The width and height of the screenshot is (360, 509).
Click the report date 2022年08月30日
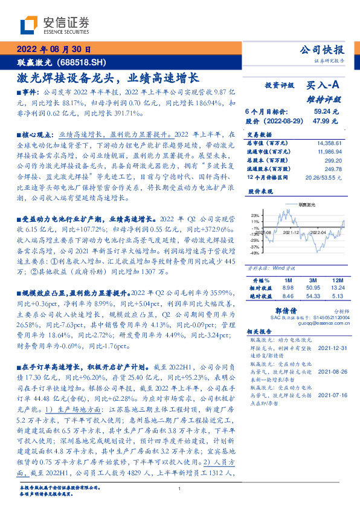[54, 50]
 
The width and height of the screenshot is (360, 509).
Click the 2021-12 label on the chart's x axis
[292, 232]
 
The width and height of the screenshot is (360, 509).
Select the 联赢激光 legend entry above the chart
[307, 206]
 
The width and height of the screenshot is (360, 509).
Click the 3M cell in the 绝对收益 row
[312, 297]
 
